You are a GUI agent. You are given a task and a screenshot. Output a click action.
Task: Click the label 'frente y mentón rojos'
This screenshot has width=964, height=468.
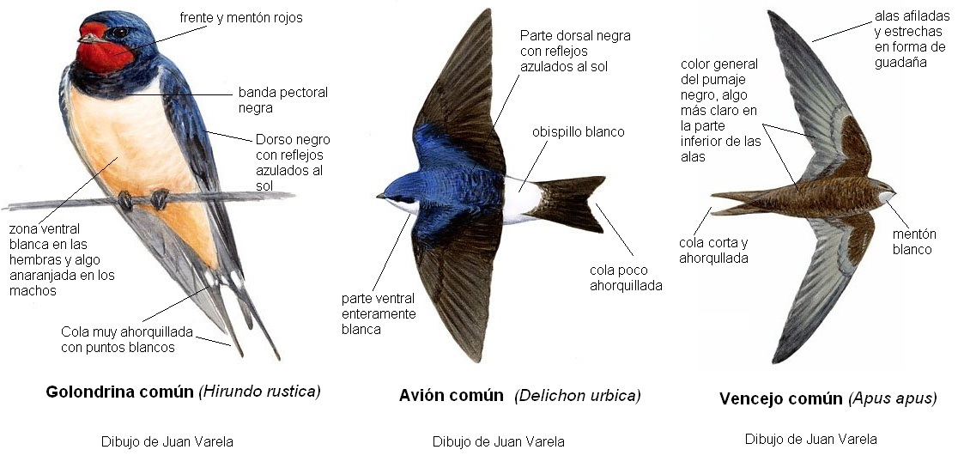(x=241, y=18)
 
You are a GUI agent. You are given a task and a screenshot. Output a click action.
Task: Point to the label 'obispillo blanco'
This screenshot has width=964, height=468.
(x=578, y=132)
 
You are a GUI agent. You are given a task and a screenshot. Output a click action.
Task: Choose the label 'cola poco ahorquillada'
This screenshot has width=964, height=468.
(x=626, y=277)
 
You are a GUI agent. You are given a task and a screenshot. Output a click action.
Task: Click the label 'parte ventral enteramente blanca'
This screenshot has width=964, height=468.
(x=378, y=313)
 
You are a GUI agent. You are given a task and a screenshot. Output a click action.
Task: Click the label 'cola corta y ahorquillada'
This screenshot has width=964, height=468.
(x=714, y=250)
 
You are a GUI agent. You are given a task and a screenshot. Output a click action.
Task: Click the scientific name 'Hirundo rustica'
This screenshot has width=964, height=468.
(x=260, y=392)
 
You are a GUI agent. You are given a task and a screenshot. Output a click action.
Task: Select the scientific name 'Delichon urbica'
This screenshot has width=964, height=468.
(x=578, y=396)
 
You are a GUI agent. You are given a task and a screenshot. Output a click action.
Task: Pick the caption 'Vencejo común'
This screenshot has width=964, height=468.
(x=780, y=398)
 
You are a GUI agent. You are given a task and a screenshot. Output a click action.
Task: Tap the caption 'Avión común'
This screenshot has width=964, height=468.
(x=451, y=396)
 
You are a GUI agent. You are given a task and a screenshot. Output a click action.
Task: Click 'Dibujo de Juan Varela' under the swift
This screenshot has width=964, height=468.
(x=810, y=439)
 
